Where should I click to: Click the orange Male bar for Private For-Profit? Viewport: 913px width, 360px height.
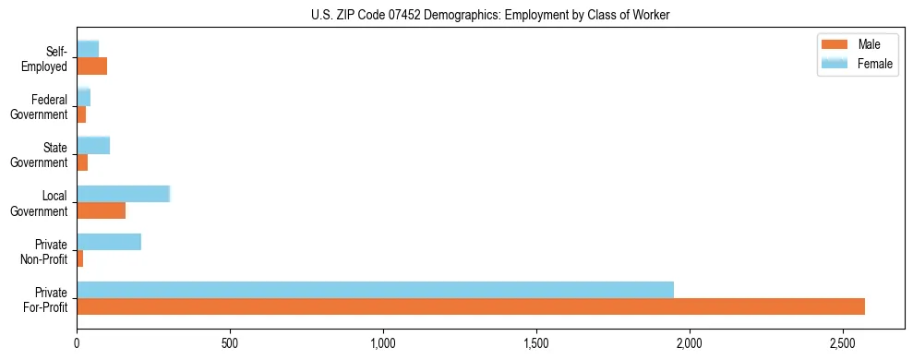click(x=471, y=306)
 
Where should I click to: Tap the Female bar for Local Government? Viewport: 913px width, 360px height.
click(x=123, y=193)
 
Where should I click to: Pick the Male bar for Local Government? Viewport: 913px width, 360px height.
click(x=101, y=210)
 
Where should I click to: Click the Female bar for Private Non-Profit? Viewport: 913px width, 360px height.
click(x=109, y=242)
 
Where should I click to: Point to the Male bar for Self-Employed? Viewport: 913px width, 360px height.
click(x=91, y=66)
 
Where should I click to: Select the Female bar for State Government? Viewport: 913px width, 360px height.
click(x=93, y=145)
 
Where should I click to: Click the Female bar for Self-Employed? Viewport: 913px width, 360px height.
click(x=88, y=49)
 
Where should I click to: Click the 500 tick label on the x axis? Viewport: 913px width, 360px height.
click(x=230, y=343)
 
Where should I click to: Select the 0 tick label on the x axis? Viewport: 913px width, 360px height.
click(x=77, y=343)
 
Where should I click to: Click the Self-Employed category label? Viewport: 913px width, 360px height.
click(x=46, y=58)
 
